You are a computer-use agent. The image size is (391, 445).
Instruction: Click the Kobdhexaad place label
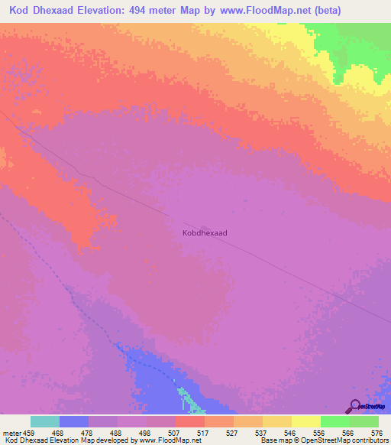tap(205, 232)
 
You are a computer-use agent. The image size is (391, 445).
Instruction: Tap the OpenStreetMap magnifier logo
tap(354, 406)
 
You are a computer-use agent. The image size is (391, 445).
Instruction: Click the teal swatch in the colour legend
tap(45, 421)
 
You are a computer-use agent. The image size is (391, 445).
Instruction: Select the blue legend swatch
tap(74, 421)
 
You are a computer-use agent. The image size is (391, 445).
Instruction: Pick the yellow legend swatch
tap(306, 421)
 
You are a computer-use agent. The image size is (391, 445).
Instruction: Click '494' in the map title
tap(162, 11)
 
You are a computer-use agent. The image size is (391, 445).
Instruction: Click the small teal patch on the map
tap(186, 397)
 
